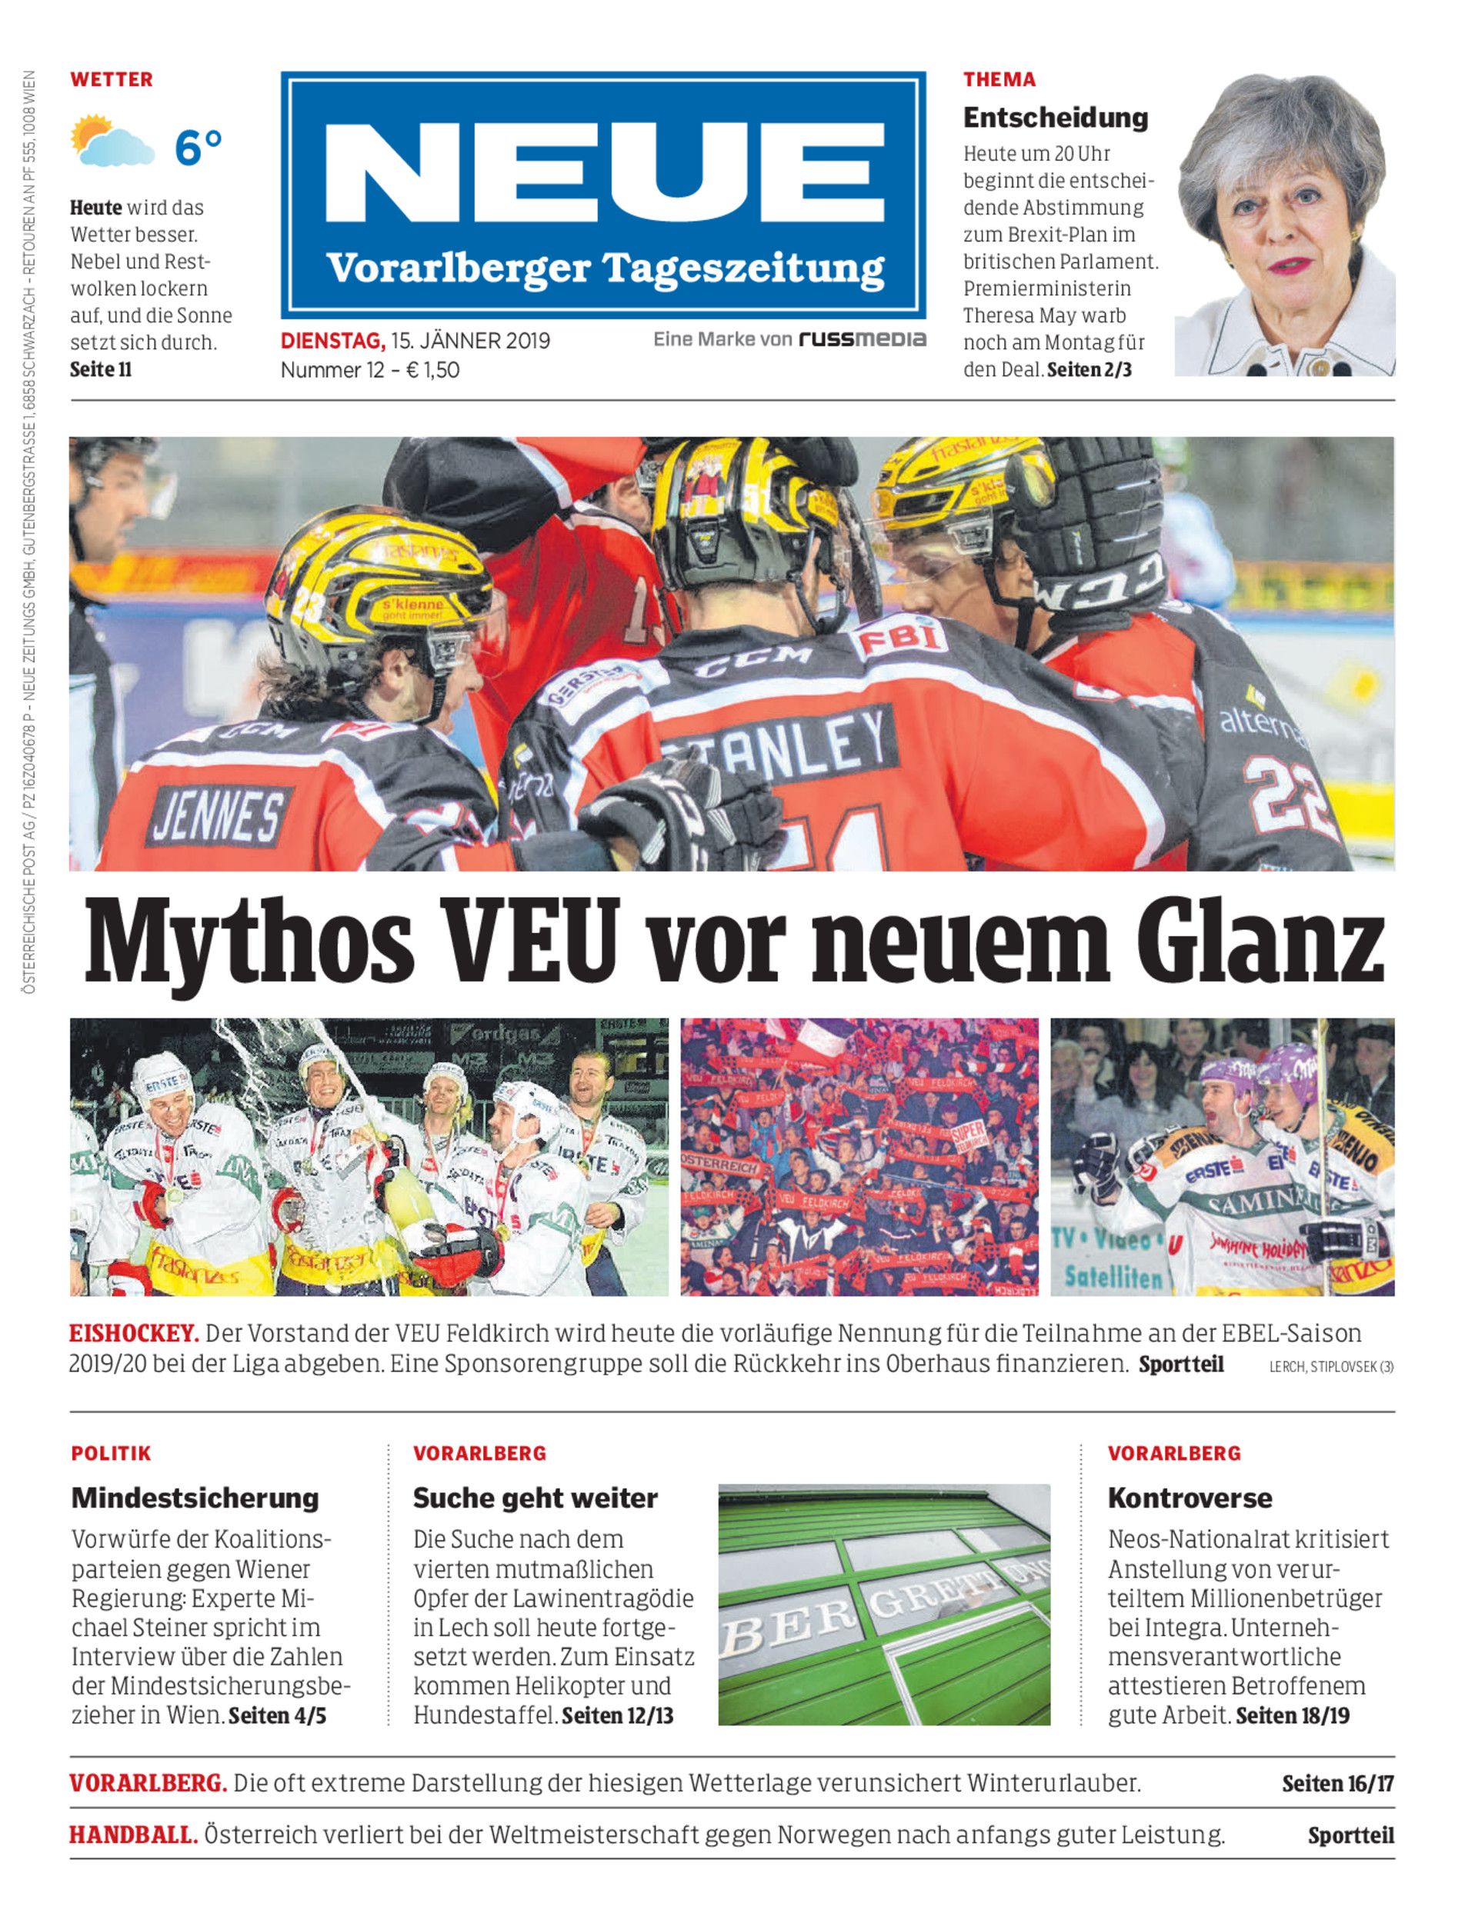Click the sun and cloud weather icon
[x=112, y=142]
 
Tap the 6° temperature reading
[x=198, y=146]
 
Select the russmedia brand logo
[x=863, y=339]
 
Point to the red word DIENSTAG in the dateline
[x=332, y=341]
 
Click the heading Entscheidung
[x=1055, y=118]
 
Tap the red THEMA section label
[x=999, y=79]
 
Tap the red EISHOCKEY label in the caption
[x=135, y=1334]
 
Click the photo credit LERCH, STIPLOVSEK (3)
[x=1330, y=1368]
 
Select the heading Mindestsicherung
[x=195, y=1498]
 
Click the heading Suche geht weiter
[x=536, y=1498]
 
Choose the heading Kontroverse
[x=1190, y=1498]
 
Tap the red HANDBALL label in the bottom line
[x=133, y=1835]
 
